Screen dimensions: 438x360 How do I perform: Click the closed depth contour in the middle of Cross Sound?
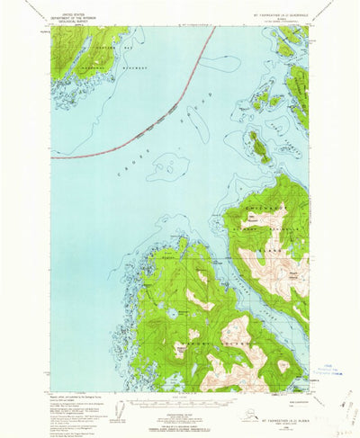pos(167,165)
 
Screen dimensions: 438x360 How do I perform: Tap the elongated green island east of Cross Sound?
pos(256,145)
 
